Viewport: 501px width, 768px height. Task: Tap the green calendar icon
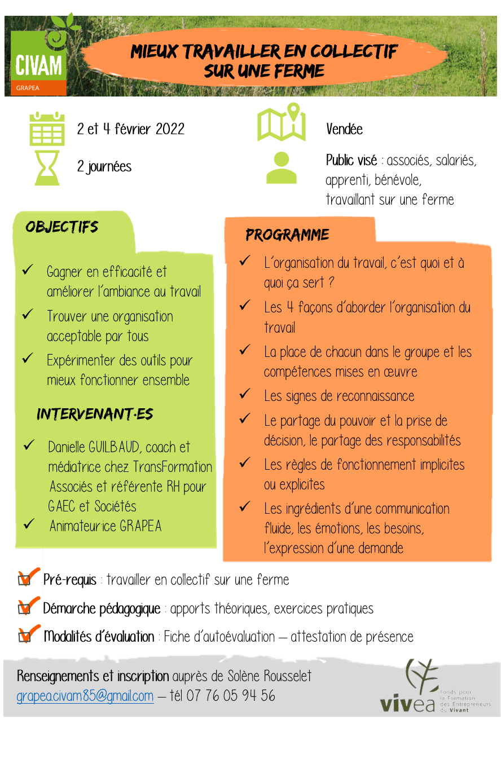(x=47, y=129)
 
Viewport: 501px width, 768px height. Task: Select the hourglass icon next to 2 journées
(x=47, y=169)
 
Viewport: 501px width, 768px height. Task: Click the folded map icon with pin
(x=282, y=122)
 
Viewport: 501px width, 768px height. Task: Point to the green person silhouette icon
(x=282, y=167)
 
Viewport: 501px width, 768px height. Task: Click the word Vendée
(x=344, y=129)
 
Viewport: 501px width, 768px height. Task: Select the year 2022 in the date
(x=170, y=129)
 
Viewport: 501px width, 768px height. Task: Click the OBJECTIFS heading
(x=61, y=227)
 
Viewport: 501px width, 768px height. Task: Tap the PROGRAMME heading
(x=287, y=235)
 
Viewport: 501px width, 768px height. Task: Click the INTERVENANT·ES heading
(x=95, y=414)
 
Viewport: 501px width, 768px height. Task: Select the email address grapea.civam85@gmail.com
(x=85, y=696)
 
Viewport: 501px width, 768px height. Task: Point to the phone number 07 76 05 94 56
(x=231, y=696)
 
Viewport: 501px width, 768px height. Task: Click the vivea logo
(x=435, y=687)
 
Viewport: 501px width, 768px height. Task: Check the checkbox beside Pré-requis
(x=24, y=579)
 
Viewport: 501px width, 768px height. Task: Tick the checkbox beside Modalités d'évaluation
(x=24, y=637)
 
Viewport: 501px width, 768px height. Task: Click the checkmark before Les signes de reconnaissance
(x=245, y=394)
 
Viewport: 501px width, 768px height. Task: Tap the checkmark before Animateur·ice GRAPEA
(x=29, y=523)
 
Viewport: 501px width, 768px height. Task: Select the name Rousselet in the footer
(x=287, y=676)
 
